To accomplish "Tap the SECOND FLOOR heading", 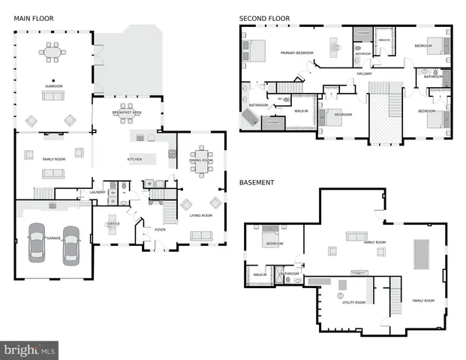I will click(264, 18).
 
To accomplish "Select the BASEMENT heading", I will click(257, 182).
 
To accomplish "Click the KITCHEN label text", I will click(134, 159).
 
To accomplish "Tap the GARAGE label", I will click(53, 238).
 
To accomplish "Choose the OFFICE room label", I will click(114, 223).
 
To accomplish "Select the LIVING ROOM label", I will click(200, 215).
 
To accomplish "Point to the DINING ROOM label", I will click(200, 160).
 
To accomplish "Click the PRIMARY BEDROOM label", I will click(296, 53).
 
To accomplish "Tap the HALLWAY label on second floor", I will click(365, 73).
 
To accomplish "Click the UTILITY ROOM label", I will click(353, 301).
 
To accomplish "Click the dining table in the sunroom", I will click(52, 53).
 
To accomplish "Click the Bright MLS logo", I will click(30, 349).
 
